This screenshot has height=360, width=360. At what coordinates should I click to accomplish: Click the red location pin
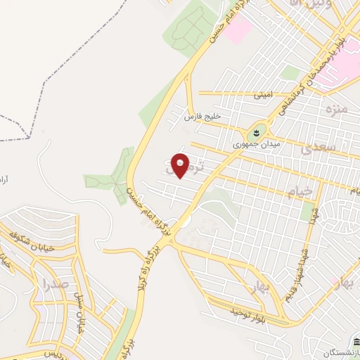tap(181, 165)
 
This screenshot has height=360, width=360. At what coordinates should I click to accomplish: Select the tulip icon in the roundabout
tap(257, 131)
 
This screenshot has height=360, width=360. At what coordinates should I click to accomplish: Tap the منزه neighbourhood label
tap(337, 110)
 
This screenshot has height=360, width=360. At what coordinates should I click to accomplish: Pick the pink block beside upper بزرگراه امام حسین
tap(238, 30)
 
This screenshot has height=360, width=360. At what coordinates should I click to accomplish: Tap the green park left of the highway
tap(109, 172)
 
